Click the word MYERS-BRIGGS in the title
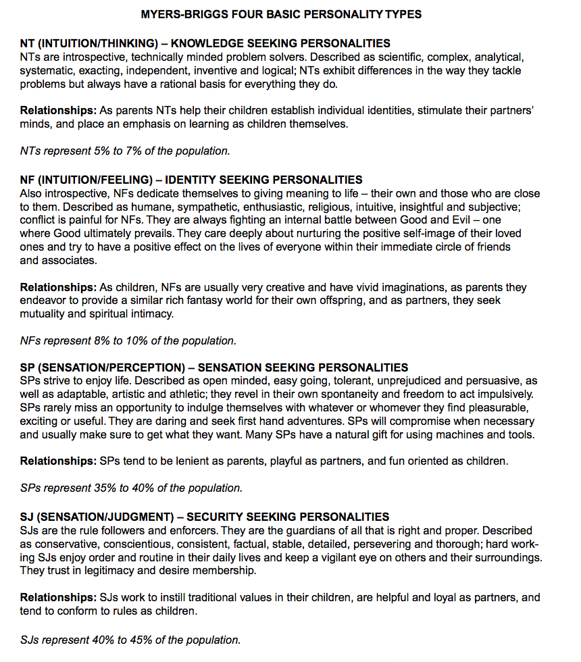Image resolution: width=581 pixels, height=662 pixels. click(181, 14)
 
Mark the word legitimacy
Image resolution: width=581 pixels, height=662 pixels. click(103, 571)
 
